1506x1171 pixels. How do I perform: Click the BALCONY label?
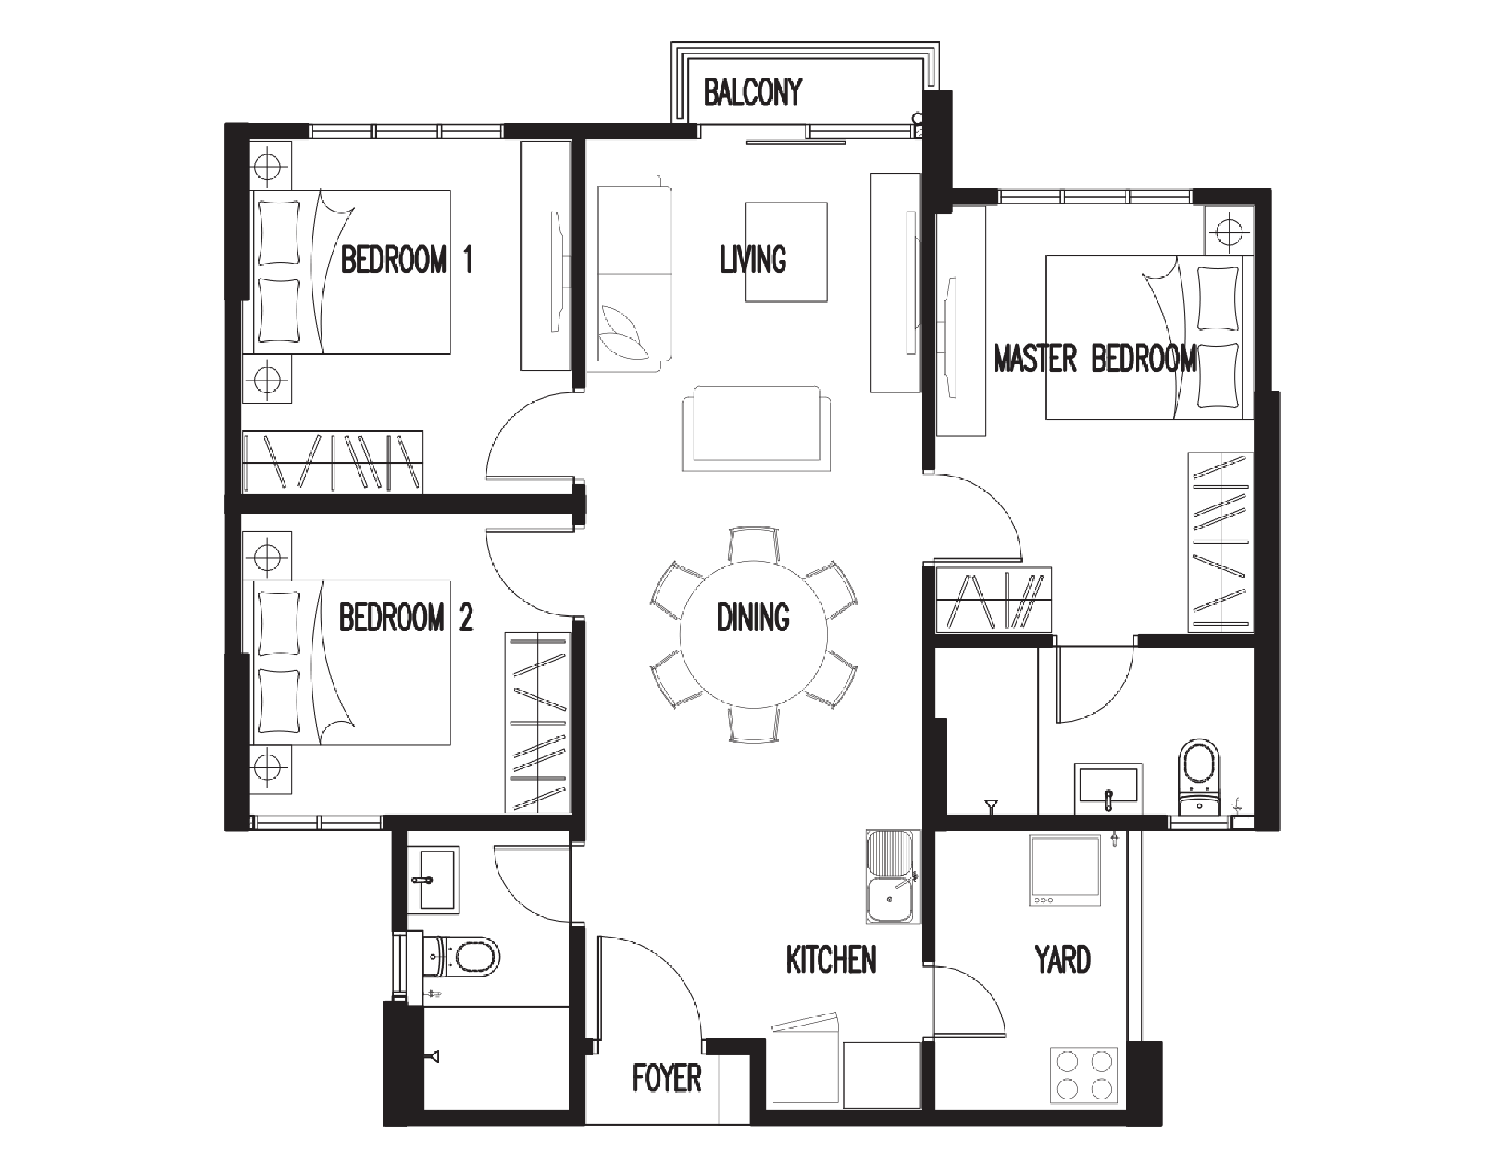[752, 93]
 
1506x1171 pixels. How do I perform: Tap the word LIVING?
[753, 259]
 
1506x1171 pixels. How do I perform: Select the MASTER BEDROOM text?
[1095, 358]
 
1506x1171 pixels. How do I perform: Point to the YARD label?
[1062, 959]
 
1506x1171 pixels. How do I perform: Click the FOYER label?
[666, 1078]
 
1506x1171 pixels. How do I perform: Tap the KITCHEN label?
[831, 959]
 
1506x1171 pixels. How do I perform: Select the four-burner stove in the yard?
[1084, 1077]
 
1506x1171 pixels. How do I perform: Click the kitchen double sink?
[893, 877]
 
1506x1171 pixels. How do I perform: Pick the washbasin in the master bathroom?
[1108, 788]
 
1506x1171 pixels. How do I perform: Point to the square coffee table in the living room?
[786, 252]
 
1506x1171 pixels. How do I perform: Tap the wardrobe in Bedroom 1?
[332, 462]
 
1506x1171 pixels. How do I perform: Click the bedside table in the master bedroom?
[1229, 230]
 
